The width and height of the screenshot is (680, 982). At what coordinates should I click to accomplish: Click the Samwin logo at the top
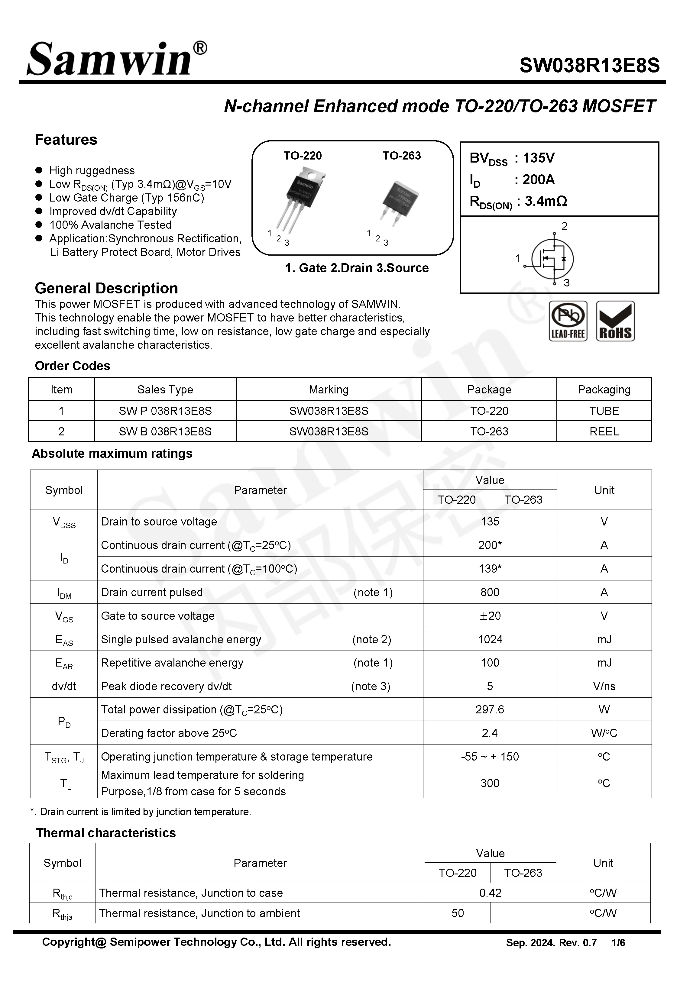point(116,60)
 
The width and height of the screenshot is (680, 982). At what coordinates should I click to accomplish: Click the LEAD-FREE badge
point(568,321)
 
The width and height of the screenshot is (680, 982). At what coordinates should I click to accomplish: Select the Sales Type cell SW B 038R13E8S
point(165,431)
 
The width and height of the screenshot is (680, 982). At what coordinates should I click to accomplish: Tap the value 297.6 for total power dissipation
point(490,709)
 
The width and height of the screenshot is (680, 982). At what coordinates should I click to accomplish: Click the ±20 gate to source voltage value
point(490,616)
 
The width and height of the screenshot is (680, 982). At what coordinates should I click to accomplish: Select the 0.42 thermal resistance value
point(490,893)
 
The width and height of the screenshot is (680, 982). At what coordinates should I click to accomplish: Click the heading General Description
point(106,288)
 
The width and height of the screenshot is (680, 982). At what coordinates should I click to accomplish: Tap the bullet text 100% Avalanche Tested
point(110,225)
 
